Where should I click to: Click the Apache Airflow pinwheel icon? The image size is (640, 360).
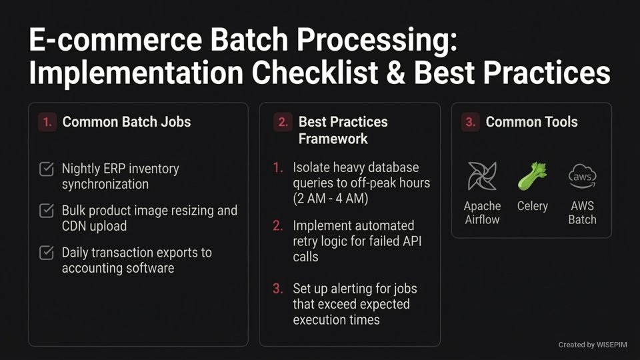click(x=481, y=176)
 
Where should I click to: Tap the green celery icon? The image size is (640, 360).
click(x=532, y=176)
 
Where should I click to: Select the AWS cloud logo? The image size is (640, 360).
click(x=582, y=176)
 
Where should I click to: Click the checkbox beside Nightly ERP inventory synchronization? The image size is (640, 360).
click(x=47, y=169)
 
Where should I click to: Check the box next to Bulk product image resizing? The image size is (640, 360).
click(x=47, y=211)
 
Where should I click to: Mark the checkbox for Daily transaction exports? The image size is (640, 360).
click(x=47, y=253)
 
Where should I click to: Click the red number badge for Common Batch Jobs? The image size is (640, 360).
click(x=47, y=122)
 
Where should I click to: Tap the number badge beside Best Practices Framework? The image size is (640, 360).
click(x=283, y=122)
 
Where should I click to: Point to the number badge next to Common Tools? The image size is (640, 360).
click(x=470, y=122)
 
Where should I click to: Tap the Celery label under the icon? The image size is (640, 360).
click(x=532, y=206)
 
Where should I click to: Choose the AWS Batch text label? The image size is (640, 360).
click(x=582, y=213)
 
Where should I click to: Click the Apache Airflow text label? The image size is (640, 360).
click(x=481, y=213)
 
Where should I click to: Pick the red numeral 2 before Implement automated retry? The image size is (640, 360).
click(x=278, y=226)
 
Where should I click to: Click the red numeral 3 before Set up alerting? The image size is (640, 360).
click(x=278, y=289)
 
